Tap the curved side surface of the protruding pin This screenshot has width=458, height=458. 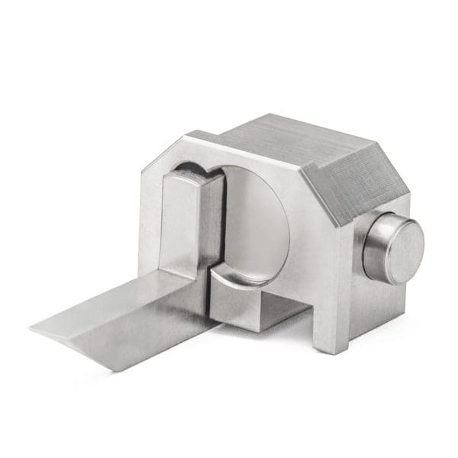point(371,252)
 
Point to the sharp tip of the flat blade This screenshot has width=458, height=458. point(34,327)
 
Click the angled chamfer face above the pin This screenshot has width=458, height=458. point(355,179)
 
